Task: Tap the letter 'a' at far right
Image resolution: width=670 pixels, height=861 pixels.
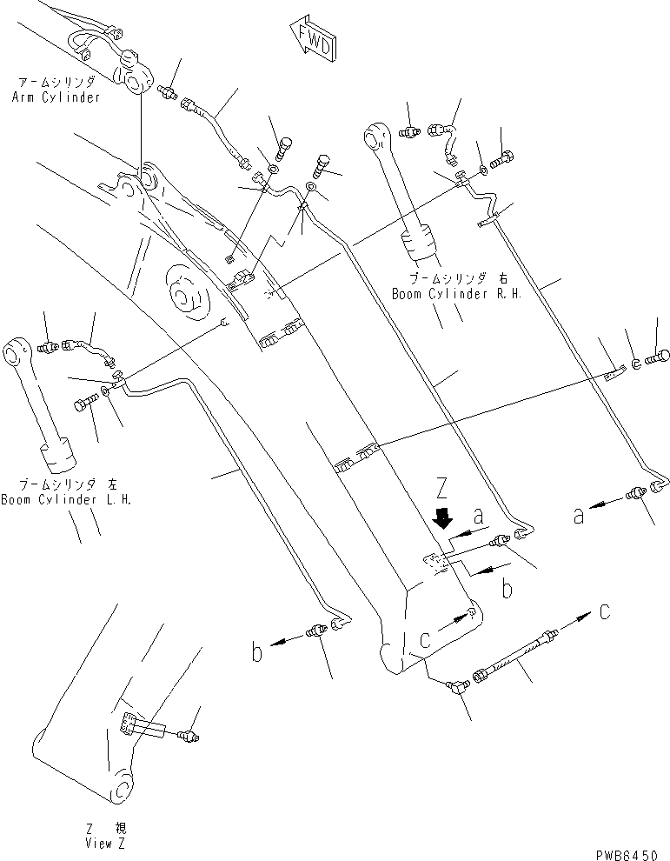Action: point(579,515)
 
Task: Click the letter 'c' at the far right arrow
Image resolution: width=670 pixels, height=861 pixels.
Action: point(605,612)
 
